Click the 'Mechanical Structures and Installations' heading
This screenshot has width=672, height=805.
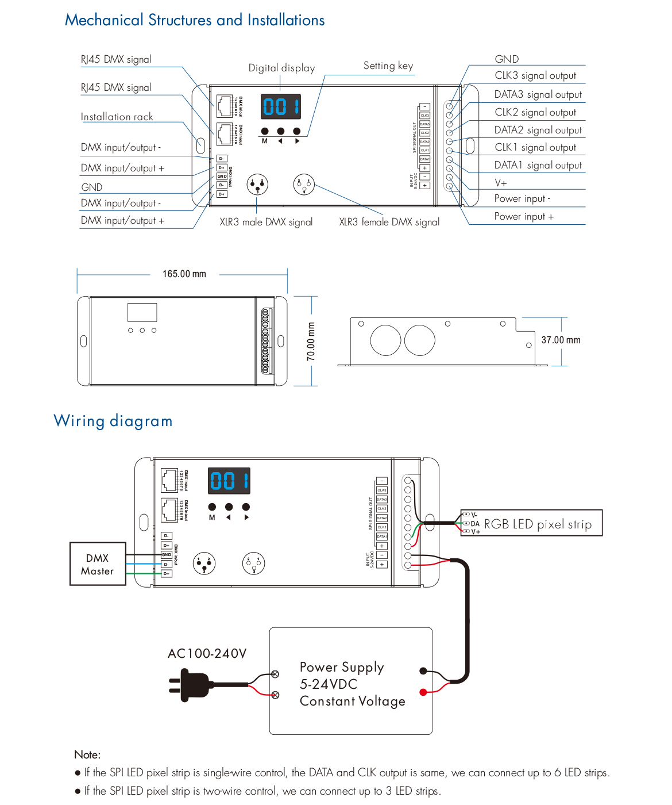click(195, 20)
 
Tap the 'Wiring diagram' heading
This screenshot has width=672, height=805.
click(113, 421)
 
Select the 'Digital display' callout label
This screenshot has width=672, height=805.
click(281, 68)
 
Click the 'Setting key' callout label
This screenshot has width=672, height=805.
click(388, 66)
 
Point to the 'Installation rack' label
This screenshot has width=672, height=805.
click(117, 117)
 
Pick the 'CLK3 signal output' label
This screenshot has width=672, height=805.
click(535, 75)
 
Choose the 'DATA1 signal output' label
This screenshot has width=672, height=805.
click(538, 165)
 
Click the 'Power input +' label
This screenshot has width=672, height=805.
click(524, 216)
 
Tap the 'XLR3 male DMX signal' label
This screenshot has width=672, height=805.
click(266, 222)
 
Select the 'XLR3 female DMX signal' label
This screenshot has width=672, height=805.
click(389, 222)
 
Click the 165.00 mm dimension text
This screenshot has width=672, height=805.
click(184, 274)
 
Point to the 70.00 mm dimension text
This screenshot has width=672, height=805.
click(311, 342)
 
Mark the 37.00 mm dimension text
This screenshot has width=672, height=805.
click(561, 340)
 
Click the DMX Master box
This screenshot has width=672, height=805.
click(98, 564)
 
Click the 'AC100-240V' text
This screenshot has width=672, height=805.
click(207, 653)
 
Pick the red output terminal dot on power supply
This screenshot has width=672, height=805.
click(423, 692)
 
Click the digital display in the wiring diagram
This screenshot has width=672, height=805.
click(229, 481)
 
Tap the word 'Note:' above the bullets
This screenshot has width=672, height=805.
click(87, 754)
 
